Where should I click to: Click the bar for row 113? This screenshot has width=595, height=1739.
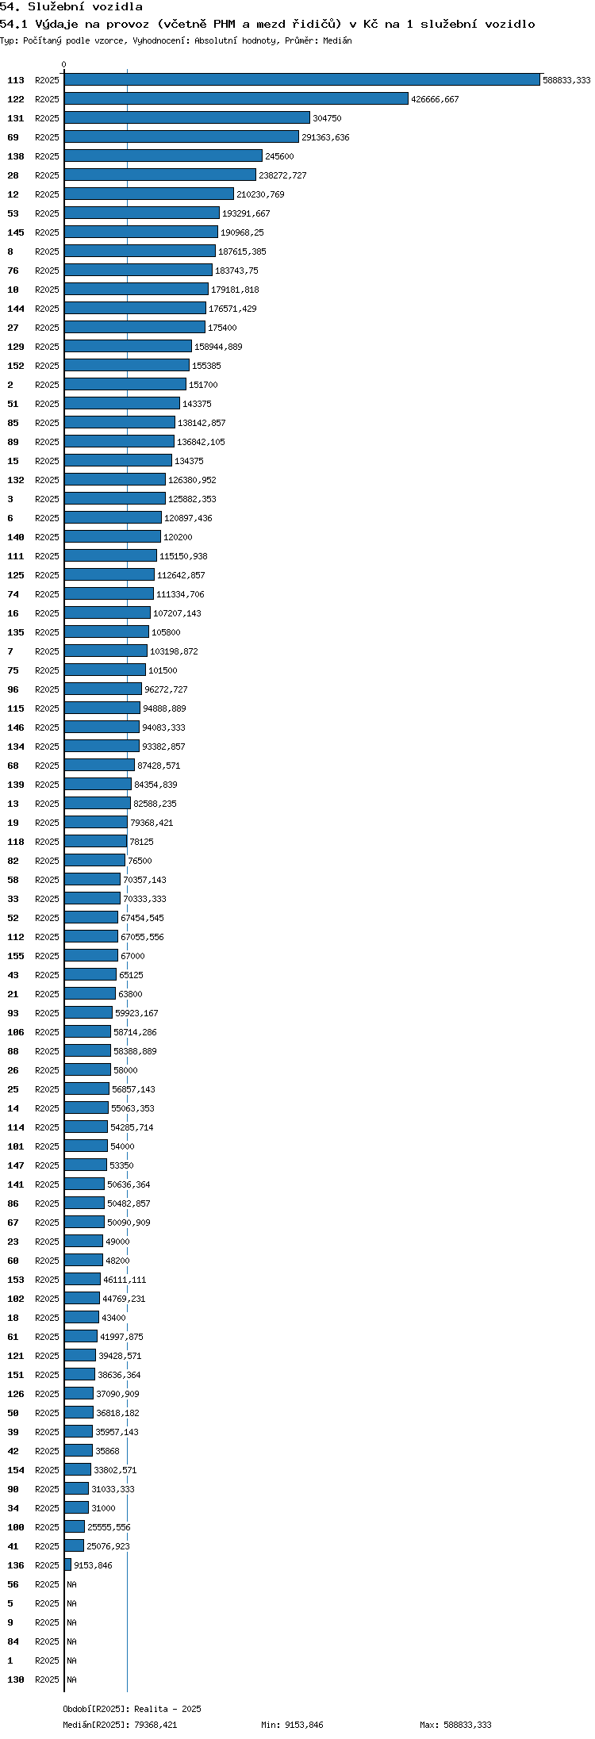(x=302, y=79)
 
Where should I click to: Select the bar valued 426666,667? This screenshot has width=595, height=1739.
(x=236, y=98)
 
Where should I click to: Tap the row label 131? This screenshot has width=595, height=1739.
(x=16, y=118)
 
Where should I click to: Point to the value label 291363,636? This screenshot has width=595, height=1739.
(x=325, y=137)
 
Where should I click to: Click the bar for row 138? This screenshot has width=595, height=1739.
(x=163, y=155)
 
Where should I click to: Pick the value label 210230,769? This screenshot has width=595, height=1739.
(x=260, y=194)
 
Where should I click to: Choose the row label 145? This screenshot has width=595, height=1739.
(x=16, y=232)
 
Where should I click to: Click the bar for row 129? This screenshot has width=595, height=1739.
(x=129, y=346)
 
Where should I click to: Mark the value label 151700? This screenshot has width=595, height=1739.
(x=203, y=385)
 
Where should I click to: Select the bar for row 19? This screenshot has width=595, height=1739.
(x=96, y=822)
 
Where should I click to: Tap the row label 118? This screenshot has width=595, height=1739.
(x=16, y=842)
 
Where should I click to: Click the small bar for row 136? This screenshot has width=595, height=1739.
(x=68, y=1564)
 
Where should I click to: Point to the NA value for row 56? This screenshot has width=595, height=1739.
(x=71, y=1584)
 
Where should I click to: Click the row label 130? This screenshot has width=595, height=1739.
(x=16, y=1679)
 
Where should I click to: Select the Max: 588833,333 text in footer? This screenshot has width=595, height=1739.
(x=455, y=1725)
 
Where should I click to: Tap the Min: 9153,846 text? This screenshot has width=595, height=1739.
(x=292, y=1725)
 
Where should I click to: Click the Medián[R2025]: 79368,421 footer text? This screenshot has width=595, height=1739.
(x=120, y=1725)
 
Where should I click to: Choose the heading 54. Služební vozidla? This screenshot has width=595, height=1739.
(x=71, y=6)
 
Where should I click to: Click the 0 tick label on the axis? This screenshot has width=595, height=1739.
(x=64, y=64)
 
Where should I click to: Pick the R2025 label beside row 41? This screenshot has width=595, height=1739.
(x=47, y=1546)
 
